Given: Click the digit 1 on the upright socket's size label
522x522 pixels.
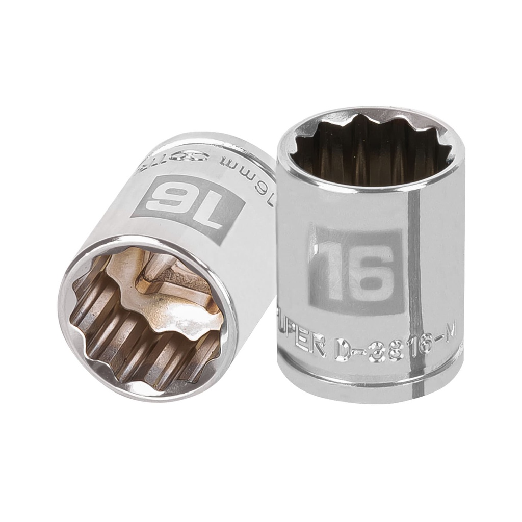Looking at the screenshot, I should [x=330, y=270].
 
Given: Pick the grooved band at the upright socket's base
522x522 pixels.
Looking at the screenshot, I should [x=370, y=380].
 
